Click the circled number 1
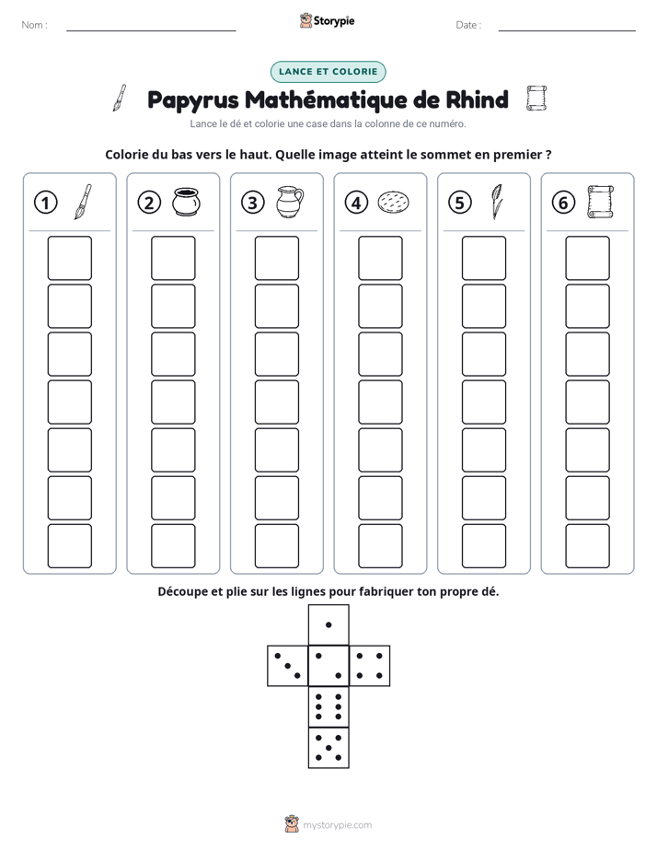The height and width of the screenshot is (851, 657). tap(45, 203)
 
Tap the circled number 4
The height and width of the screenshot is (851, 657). tap(356, 203)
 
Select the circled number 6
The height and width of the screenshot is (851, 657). tap(563, 203)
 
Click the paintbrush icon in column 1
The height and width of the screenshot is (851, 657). tap(83, 202)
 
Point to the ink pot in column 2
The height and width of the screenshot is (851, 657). tap(187, 202)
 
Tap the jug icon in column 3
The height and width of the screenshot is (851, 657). tap(290, 202)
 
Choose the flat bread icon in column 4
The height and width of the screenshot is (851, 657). tap(393, 202)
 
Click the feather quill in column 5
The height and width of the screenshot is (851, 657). tap(496, 202)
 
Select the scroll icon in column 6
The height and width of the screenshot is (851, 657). tap(600, 202)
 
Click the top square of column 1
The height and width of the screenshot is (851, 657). tap(69, 258)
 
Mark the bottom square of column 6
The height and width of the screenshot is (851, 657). tap(588, 546)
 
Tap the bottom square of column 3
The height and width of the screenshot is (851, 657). tap(277, 546)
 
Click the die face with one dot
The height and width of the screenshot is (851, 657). tap(328, 625)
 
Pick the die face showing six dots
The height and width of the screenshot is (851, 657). tap(328, 706)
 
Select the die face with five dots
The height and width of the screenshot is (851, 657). tap(328, 747)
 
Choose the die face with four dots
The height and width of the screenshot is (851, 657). tap(370, 666)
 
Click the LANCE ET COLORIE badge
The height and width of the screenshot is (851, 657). tap(328, 72)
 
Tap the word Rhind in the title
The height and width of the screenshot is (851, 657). tap(477, 99)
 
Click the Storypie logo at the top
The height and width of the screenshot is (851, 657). tap(327, 20)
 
